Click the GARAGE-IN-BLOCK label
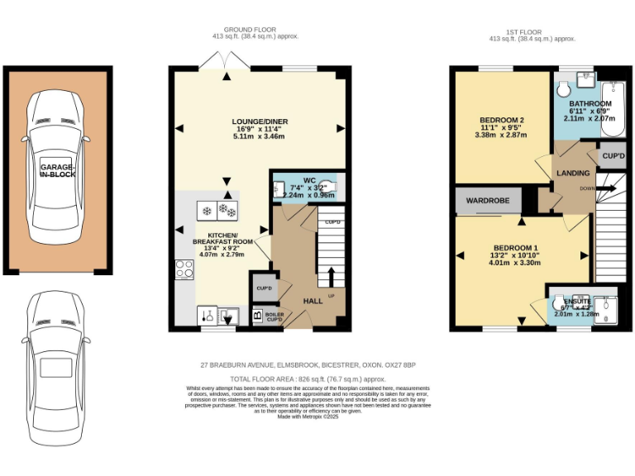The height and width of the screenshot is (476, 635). (55, 171)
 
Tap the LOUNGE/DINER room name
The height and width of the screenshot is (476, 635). (259, 121)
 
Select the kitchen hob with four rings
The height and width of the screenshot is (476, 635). (184, 269)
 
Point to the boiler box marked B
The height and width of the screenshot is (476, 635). (256, 315)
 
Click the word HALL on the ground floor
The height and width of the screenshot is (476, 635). (312, 301)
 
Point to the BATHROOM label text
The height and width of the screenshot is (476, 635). (590, 104)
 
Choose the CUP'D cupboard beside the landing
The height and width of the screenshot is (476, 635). (612, 155)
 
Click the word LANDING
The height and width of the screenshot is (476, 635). (573, 174)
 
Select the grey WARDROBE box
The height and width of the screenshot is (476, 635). (488, 199)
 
